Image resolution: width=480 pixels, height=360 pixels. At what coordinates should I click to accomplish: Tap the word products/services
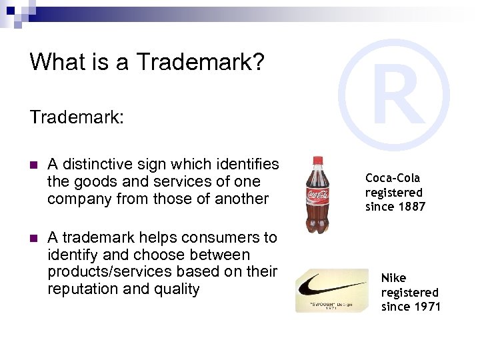point(116,272)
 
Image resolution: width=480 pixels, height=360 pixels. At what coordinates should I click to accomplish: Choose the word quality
point(176,289)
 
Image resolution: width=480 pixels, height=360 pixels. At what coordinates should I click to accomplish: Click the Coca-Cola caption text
point(393,178)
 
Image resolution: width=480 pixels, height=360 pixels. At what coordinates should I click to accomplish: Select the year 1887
point(412,207)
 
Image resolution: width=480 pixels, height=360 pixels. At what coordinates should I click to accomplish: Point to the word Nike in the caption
point(393,277)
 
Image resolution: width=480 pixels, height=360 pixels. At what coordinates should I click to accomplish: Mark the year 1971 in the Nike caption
point(427,307)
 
